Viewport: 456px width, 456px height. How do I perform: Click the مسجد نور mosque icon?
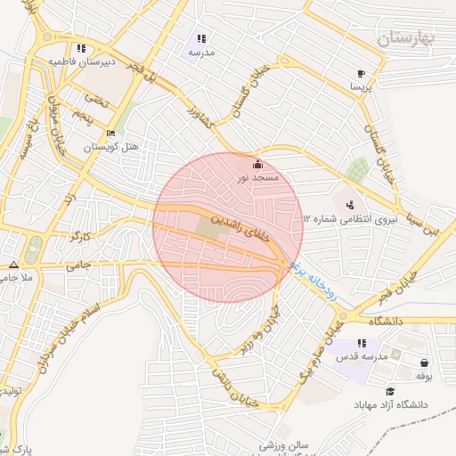(257, 164)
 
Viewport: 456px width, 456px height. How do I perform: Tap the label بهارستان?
(403, 38)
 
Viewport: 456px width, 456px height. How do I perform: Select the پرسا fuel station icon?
(361, 73)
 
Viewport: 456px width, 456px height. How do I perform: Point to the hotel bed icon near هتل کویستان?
(110, 134)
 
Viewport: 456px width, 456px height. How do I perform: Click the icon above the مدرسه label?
(201, 39)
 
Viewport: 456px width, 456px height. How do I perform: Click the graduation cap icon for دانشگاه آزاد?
(389, 391)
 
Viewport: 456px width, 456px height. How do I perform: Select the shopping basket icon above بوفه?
(423, 362)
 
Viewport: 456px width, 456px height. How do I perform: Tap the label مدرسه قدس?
(362, 356)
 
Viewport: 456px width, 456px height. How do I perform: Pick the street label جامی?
(79, 265)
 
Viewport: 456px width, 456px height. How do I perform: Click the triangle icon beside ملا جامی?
(13, 265)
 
